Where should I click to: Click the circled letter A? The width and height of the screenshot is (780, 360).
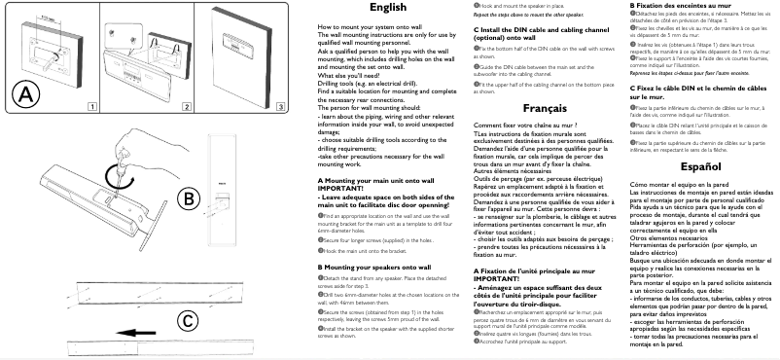[25, 93]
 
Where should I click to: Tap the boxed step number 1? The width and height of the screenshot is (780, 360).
[89, 105]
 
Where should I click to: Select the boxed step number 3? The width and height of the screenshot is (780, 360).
[280, 105]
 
